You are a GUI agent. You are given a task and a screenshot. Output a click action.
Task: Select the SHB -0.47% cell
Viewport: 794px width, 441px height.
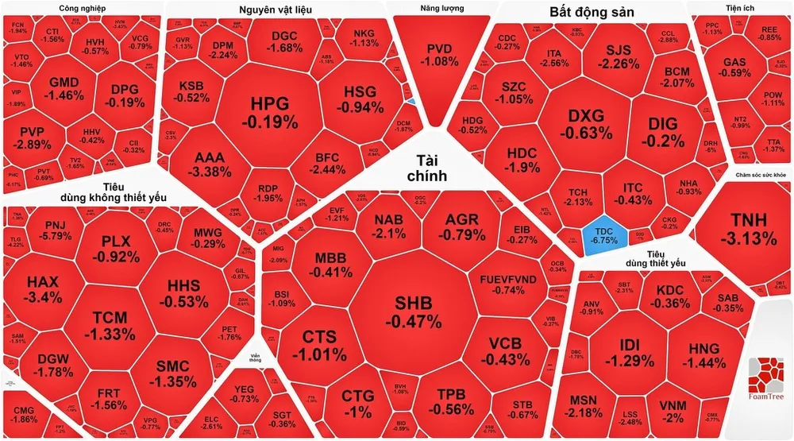[x=413, y=312]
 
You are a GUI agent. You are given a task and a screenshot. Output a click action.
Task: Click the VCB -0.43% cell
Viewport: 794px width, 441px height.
[x=503, y=350]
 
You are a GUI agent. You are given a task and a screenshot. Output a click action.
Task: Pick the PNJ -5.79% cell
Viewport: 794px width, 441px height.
[x=58, y=231]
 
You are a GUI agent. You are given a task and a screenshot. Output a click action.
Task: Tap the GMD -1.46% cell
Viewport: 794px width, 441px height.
[x=64, y=89]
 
